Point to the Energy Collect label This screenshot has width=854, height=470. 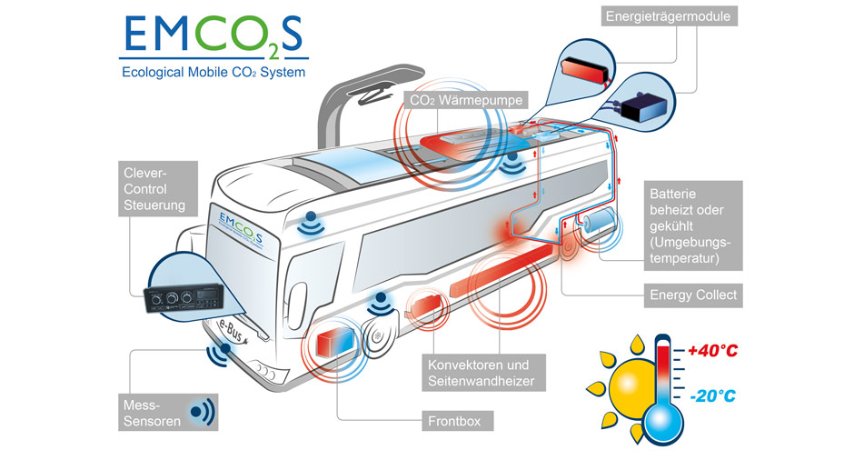point(693,295)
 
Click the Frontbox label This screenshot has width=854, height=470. point(461,422)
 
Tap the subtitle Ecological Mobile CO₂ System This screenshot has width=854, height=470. point(214,72)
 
